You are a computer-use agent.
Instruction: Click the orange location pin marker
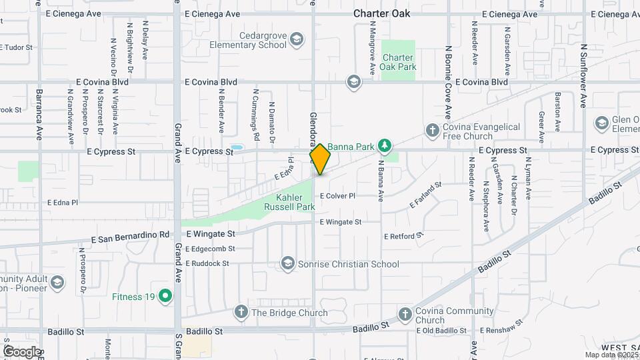tap(320, 159)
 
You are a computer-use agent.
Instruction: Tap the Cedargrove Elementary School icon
tap(297, 41)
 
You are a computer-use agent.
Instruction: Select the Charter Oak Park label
tap(398, 62)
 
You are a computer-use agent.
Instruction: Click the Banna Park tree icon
tap(384, 145)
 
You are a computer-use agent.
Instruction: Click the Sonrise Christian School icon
tap(287, 264)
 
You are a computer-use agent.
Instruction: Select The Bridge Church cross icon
tap(241, 312)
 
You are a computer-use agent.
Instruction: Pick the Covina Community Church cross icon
tap(405, 314)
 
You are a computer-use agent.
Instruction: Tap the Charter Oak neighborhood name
tap(382, 13)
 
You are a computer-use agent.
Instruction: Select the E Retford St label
tap(404, 236)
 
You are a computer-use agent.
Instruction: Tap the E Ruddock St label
tap(207, 263)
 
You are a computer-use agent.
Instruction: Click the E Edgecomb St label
tap(211, 249)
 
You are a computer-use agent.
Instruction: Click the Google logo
tap(21, 351)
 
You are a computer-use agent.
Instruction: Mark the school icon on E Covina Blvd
tap(353, 82)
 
